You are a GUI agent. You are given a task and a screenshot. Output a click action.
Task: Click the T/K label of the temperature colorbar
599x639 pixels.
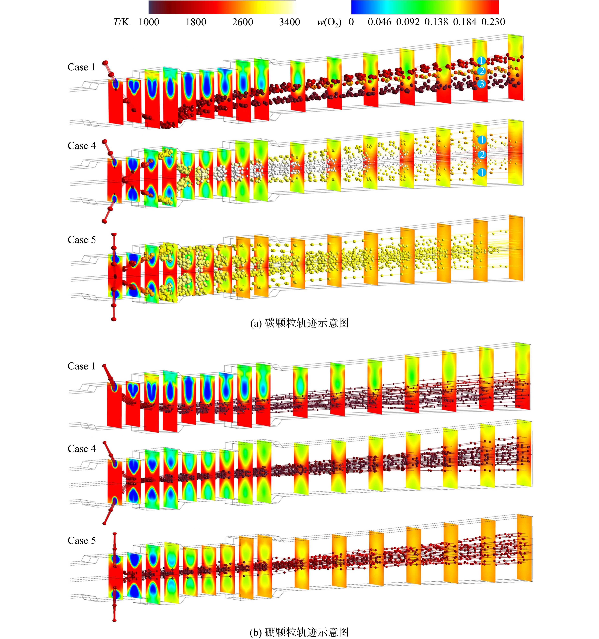[x=121, y=22]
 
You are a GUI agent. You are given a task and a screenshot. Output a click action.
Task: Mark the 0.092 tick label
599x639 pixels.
[x=408, y=22]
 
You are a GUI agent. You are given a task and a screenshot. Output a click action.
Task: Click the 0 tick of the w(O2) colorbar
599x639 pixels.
[x=351, y=22]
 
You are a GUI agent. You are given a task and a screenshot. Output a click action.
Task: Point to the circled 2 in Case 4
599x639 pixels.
[x=482, y=155]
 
